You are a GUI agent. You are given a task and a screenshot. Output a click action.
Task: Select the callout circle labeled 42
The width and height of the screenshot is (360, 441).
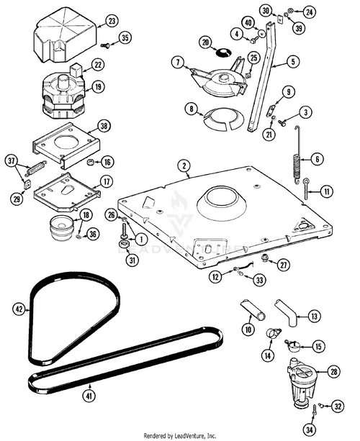point(19,309)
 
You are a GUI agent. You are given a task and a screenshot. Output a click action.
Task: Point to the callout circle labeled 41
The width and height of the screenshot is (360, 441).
point(89,395)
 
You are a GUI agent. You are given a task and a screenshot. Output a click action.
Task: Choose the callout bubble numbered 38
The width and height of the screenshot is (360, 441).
point(104,126)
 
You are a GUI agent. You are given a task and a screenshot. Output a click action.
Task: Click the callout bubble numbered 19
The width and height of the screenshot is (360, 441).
point(98,87)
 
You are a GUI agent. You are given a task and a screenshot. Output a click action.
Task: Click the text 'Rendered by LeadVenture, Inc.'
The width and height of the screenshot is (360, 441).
point(180,435)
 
